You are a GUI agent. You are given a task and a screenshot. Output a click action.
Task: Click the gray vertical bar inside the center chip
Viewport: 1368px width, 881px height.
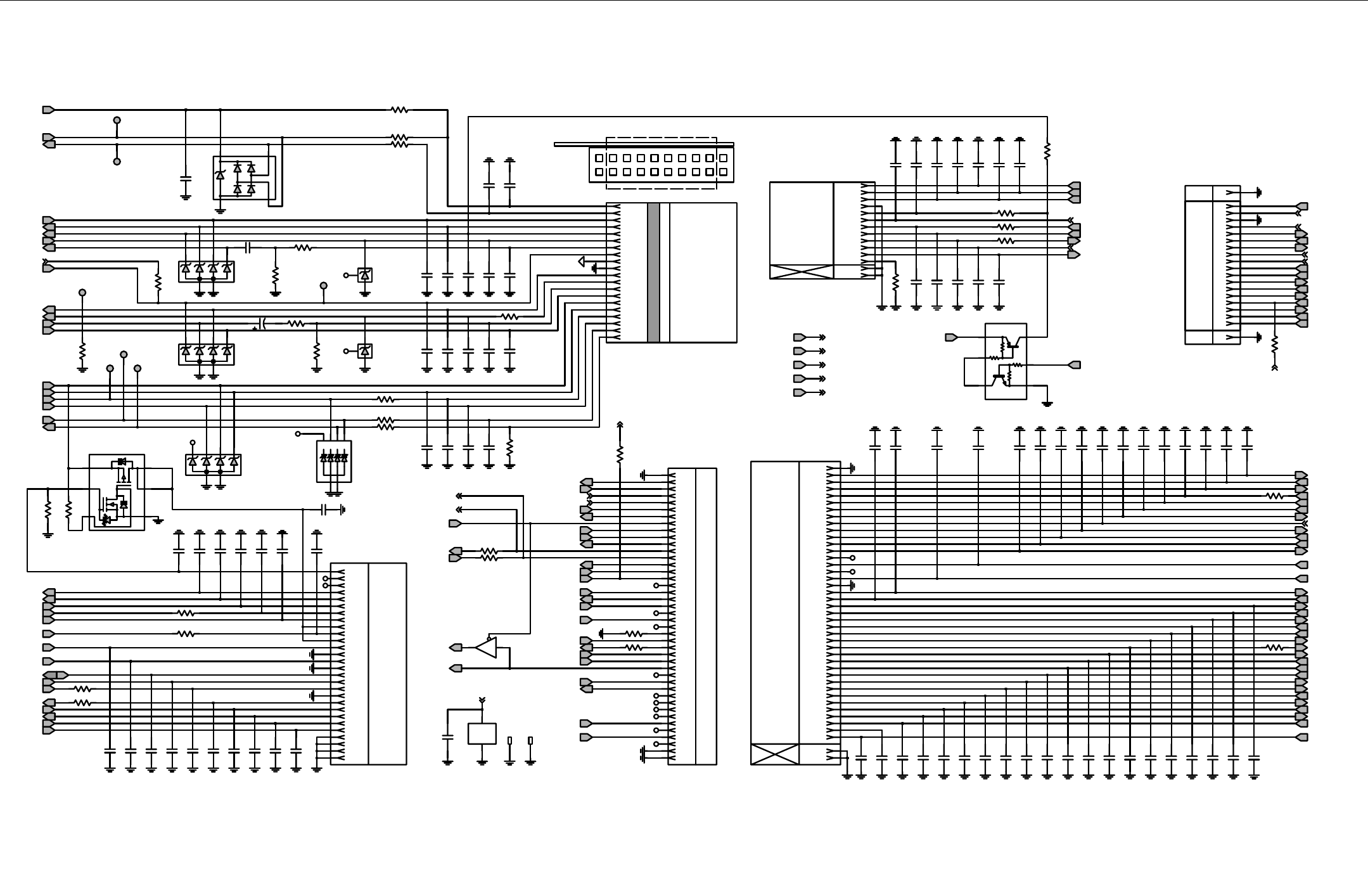click(x=653, y=273)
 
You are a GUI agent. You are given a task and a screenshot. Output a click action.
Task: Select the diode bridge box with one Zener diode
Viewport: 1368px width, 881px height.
click(x=244, y=178)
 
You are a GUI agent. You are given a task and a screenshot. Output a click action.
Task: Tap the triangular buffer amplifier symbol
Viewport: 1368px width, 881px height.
click(x=485, y=648)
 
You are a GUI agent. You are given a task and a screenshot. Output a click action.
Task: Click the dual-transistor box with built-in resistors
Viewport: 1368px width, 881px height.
click(x=1006, y=361)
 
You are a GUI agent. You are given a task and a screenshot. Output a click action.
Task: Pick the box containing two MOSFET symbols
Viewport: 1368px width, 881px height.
click(x=117, y=492)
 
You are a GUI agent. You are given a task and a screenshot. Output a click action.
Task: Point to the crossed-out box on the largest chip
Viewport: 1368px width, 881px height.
click(x=774, y=754)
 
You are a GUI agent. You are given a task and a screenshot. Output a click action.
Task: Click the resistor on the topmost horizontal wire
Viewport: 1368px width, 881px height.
click(x=399, y=110)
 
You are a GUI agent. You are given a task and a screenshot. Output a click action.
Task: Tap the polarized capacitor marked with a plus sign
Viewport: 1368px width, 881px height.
click(x=262, y=324)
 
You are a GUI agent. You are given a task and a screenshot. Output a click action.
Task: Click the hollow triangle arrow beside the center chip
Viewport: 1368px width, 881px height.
click(x=581, y=261)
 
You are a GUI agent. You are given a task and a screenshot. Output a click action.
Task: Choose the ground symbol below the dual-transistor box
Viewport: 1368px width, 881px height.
click(x=1047, y=403)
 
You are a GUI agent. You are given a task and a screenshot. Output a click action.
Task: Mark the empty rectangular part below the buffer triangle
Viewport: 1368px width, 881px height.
click(x=482, y=733)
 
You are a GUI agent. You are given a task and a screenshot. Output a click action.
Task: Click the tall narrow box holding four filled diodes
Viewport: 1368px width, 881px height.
click(x=334, y=461)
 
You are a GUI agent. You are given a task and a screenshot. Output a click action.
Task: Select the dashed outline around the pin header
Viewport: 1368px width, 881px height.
click(x=662, y=163)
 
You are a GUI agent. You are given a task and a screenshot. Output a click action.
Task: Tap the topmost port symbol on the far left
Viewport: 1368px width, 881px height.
click(x=48, y=110)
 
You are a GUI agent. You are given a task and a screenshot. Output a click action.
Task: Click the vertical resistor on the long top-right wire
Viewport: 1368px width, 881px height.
click(x=1047, y=151)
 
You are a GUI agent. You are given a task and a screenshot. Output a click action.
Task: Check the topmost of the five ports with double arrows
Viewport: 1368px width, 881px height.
click(x=800, y=337)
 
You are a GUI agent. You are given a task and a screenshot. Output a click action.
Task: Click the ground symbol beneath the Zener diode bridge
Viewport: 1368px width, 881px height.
click(x=221, y=210)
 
